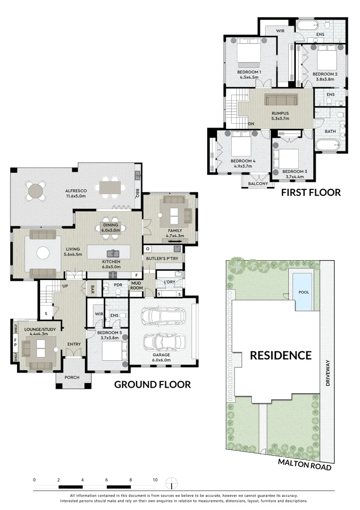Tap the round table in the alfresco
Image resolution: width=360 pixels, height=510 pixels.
click(36, 191)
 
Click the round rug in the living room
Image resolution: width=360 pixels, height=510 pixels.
click(43, 253)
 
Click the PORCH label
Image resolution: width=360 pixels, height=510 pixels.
click(72, 377)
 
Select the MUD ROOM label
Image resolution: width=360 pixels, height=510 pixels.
click(136, 285)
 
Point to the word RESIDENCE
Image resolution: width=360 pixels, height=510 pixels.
click(280, 355)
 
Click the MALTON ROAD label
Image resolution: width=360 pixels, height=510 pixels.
click(305, 464)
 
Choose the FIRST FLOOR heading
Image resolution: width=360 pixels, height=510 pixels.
click(310, 192)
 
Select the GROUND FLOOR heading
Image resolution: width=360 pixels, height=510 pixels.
click(152, 384)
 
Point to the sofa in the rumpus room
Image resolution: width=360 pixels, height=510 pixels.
click(281, 100)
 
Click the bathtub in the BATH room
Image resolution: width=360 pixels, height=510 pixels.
click(328, 144)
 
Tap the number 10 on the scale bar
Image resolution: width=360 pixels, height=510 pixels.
click(155, 480)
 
